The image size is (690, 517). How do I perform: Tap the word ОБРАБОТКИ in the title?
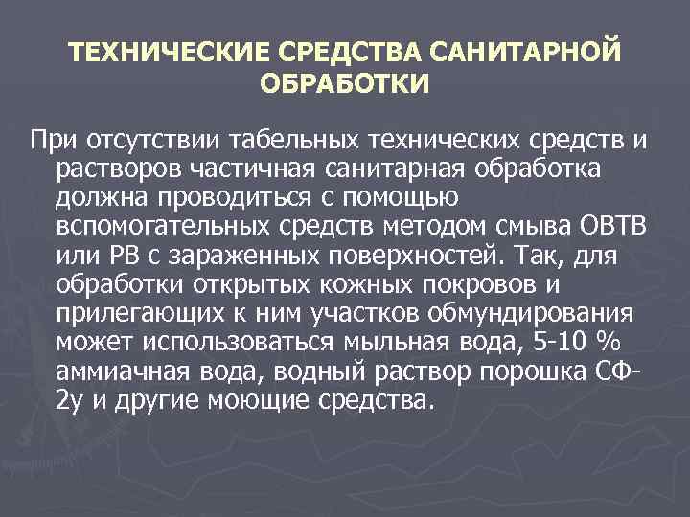click(x=344, y=83)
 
